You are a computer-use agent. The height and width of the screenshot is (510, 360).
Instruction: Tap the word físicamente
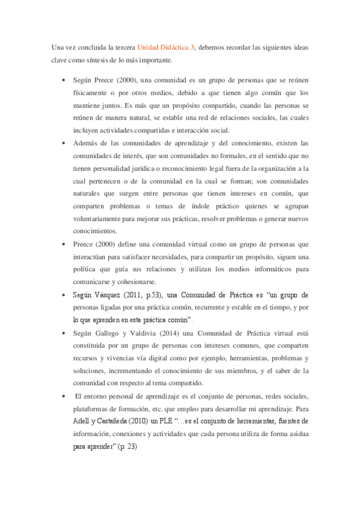tap(91, 93)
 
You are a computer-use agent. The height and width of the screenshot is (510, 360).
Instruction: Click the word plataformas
tap(93, 408)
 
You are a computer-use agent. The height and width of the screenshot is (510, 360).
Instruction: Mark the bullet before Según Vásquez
tap(64, 295)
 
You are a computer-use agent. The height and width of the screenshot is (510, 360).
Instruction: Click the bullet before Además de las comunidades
tap(64, 143)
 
